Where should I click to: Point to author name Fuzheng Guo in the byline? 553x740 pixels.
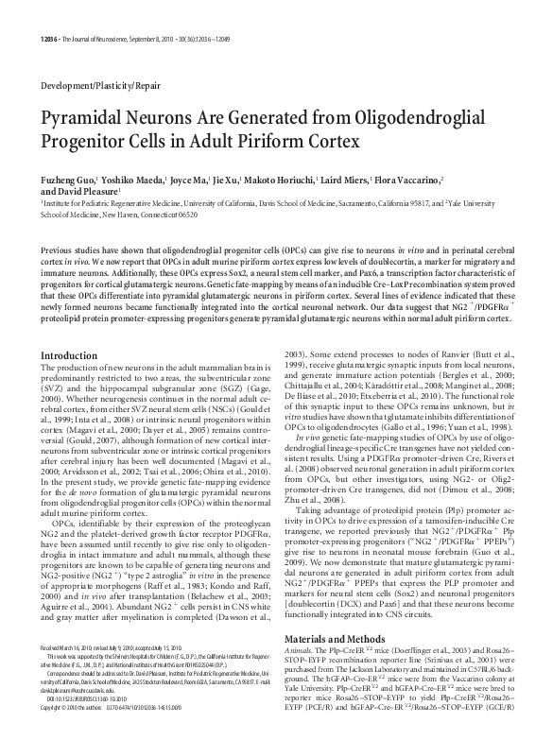pyautogui.click(x=65, y=180)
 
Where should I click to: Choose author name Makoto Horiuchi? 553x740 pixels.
pyautogui.click(x=279, y=180)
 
